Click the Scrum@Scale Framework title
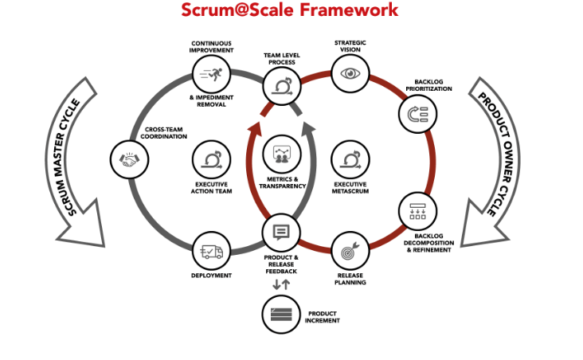pyautogui.click(x=289, y=10)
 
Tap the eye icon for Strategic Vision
pyautogui.click(x=350, y=74)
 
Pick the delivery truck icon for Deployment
pyautogui.click(x=212, y=252)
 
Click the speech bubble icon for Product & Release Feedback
pyautogui.click(x=281, y=233)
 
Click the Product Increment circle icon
pyautogui.click(x=281, y=313)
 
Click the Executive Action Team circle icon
pyautogui.click(x=212, y=159)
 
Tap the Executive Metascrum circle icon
pyautogui.click(x=350, y=159)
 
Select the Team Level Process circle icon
pyautogui.click(x=280, y=85)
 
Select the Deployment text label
pyautogui.click(x=212, y=276)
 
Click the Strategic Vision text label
pyautogui.click(x=350, y=46)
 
